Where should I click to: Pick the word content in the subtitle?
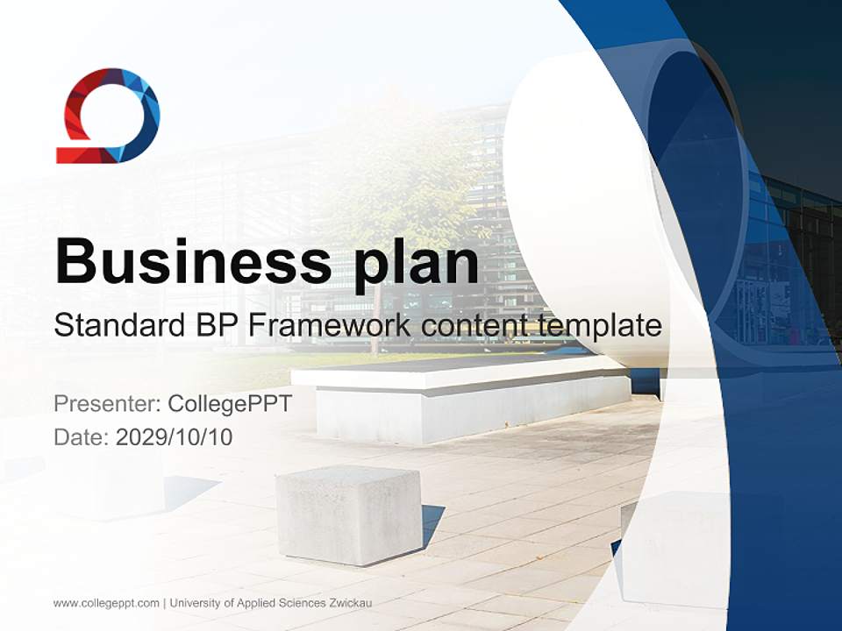tap(473, 326)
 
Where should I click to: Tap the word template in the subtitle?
tap(597, 326)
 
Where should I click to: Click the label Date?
tap(82, 436)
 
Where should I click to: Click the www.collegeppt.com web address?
tap(106, 603)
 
